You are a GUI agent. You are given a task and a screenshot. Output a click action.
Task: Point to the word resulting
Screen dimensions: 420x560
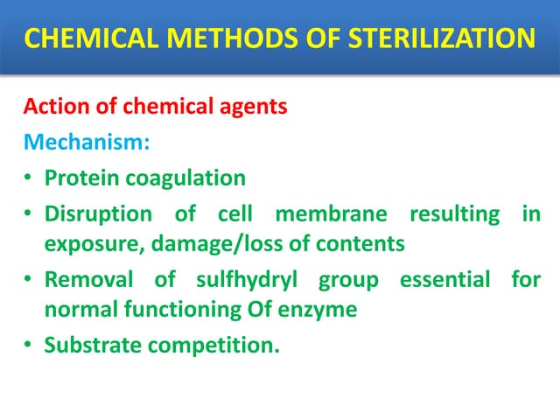(454, 213)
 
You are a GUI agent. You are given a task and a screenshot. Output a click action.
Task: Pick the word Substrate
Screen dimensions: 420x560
(93, 345)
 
